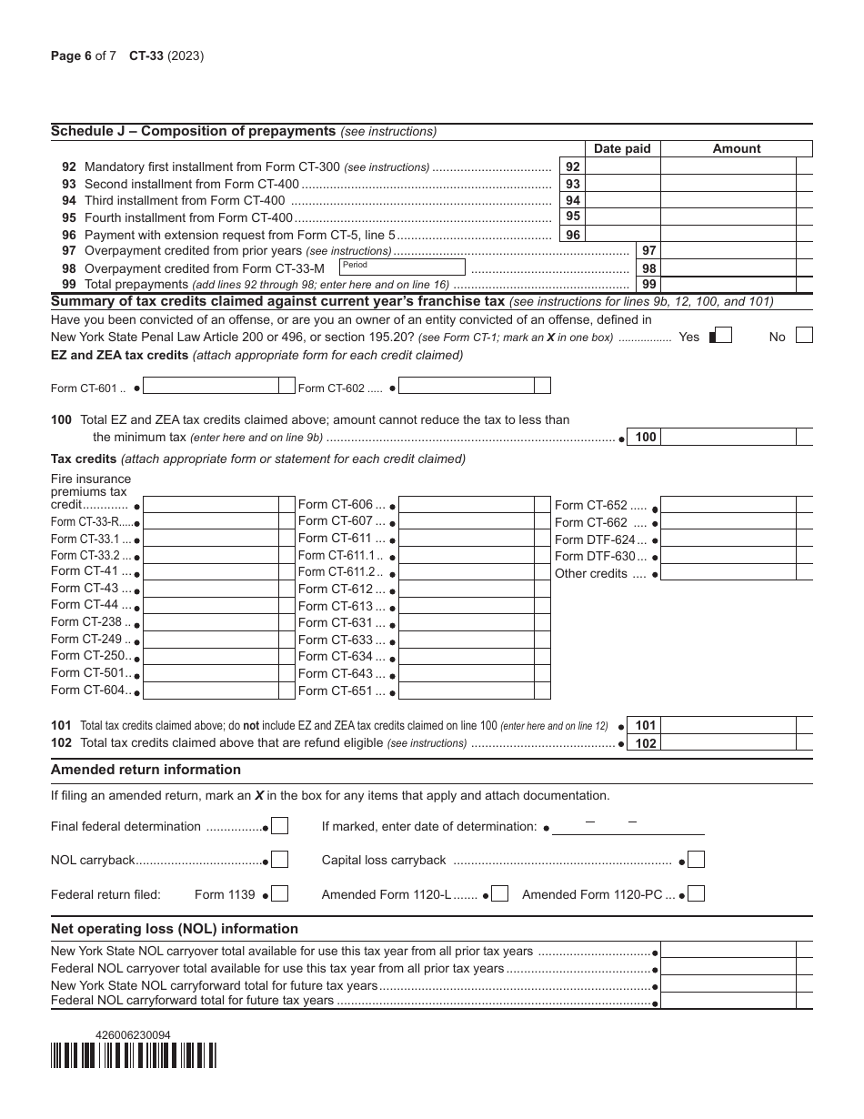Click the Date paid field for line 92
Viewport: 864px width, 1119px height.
(622, 166)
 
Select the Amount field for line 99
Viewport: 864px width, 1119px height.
(728, 285)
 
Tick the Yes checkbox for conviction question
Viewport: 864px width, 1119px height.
(720, 336)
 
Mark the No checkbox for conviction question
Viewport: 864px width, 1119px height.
(804, 336)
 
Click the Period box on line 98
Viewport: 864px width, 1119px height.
(401, 267)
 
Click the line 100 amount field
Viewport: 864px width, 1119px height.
(728, 437)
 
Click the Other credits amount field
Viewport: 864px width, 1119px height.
(728, 574)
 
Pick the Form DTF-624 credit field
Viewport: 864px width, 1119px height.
(728, 539)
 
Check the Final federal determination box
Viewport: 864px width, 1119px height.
(280, 826)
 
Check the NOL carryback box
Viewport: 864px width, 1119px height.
(280, 860)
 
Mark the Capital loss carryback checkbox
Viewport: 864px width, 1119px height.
(697, 860)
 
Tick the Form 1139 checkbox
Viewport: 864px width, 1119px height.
(280, 894)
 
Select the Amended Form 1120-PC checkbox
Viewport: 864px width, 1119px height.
(697, 894)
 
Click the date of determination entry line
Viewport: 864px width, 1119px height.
(628, 827)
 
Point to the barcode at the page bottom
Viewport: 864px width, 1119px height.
(134, 1054)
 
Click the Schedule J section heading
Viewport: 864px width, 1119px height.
(194, 131)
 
